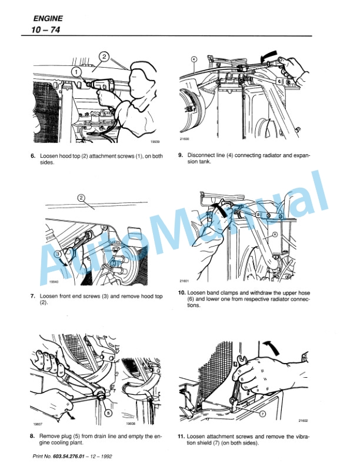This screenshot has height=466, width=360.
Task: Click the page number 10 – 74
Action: coord(41,29)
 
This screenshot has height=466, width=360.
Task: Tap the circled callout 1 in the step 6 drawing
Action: coord(76,71)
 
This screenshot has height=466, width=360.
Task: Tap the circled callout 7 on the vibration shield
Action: coord(262,414)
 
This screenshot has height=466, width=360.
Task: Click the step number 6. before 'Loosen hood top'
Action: coord(34,156)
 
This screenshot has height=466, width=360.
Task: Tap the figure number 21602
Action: coord(304,421)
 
